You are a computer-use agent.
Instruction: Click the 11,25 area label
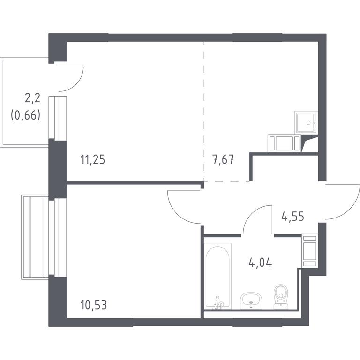(93, 159)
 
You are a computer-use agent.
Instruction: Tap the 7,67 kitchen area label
(224, 159)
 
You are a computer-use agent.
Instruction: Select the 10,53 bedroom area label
(94, 305)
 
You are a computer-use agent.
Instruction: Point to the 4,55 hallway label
(292, 216)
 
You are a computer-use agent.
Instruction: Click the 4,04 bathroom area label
(260, 262)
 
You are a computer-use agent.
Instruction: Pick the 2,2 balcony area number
(33, 98)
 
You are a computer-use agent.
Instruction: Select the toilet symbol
(281, 297)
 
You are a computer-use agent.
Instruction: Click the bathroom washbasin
(251, 301)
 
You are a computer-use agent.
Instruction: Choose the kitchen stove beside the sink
(284, 143)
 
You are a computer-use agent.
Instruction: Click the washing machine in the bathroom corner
(310, 251)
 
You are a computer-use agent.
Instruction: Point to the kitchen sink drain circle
(308, 123)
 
